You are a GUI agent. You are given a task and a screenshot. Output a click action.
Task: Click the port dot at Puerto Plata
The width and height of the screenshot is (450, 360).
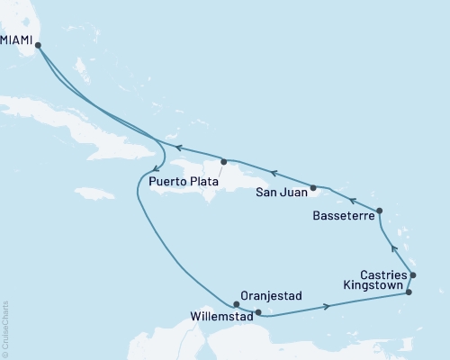point(222,162)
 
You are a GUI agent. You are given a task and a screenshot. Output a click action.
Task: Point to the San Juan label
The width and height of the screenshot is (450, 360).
point(279,191)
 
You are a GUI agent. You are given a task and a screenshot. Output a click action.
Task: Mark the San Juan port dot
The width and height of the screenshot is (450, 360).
point(313,189)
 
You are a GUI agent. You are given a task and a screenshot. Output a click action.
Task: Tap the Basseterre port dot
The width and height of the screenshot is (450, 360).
point(379,211)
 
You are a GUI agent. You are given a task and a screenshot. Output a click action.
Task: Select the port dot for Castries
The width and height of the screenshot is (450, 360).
point(413,274)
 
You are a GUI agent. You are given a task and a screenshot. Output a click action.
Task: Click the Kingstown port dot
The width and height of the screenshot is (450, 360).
point(409,292)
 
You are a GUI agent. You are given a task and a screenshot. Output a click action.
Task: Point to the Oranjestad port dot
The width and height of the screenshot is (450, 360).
point(237,304)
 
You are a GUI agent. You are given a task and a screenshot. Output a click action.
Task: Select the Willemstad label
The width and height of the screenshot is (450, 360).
point(220,316)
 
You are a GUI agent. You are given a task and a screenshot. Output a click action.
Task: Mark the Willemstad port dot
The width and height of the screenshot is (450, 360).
point(258,313)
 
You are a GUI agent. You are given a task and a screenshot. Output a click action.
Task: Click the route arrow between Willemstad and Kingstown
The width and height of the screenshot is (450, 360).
point(328,308)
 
